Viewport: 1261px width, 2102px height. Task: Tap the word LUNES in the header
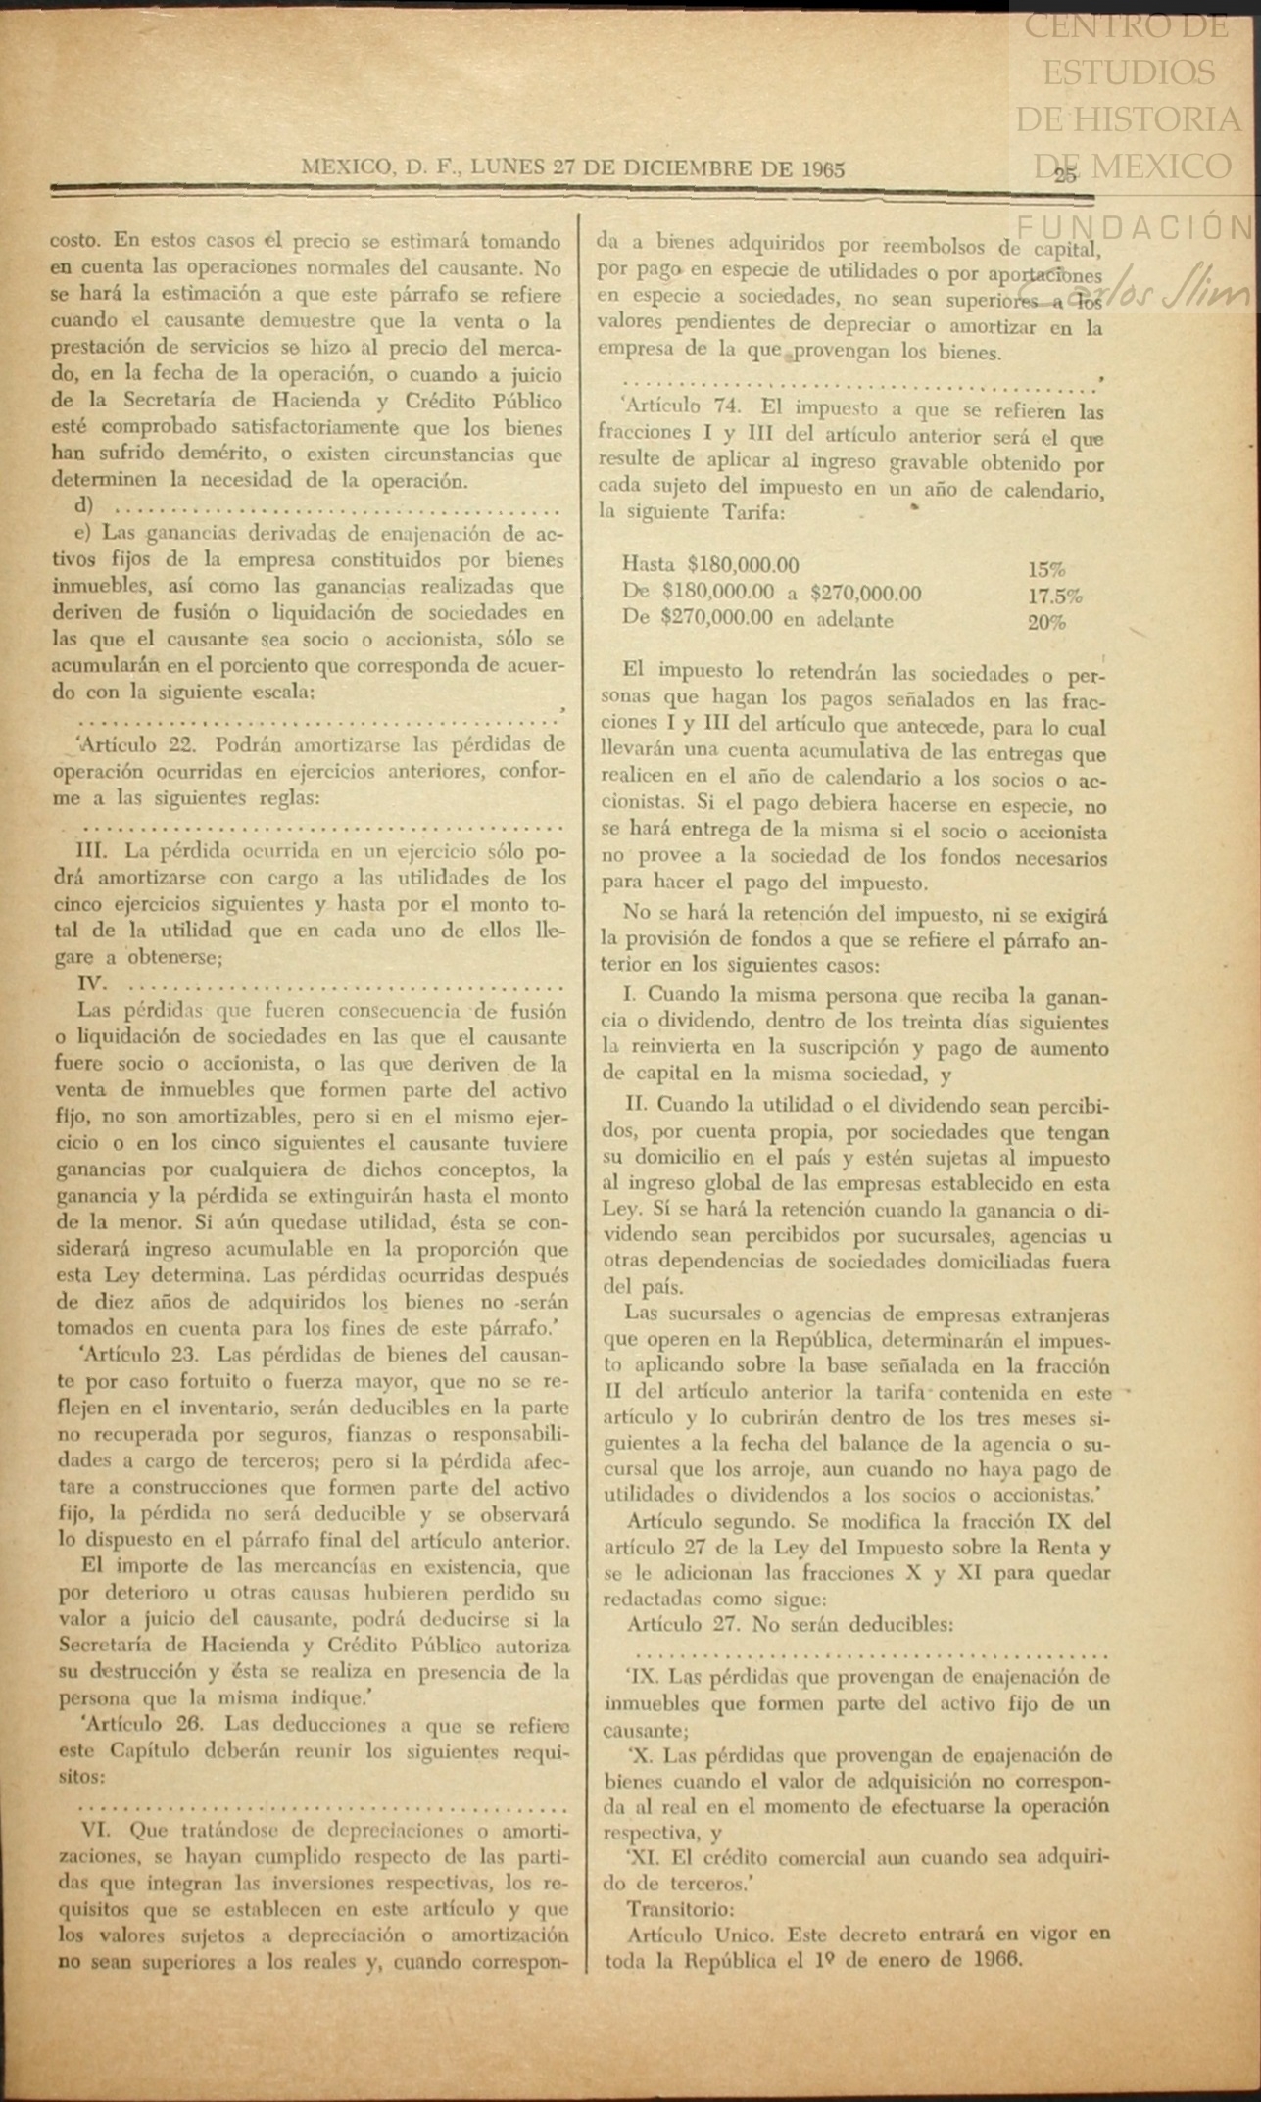click(x=507, y=167)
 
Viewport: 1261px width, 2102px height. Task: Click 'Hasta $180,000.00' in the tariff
click(x=709, y=565)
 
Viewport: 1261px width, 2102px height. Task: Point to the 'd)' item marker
click(x=83, y=507)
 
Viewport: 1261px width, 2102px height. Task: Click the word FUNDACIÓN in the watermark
click(x=1136, y=227)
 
